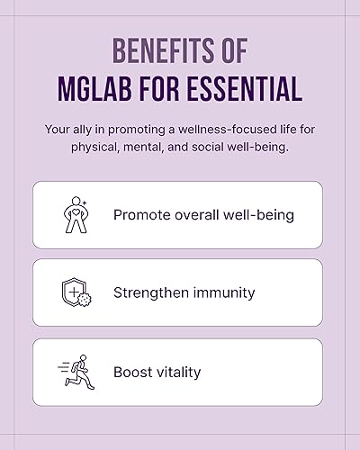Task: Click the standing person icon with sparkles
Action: coord(75,214)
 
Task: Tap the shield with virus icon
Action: coord(75,292)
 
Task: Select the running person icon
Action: coord(75,372)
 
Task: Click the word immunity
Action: coord(224,292)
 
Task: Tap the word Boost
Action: coord(133,372)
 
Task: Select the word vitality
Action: coord(179,372)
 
